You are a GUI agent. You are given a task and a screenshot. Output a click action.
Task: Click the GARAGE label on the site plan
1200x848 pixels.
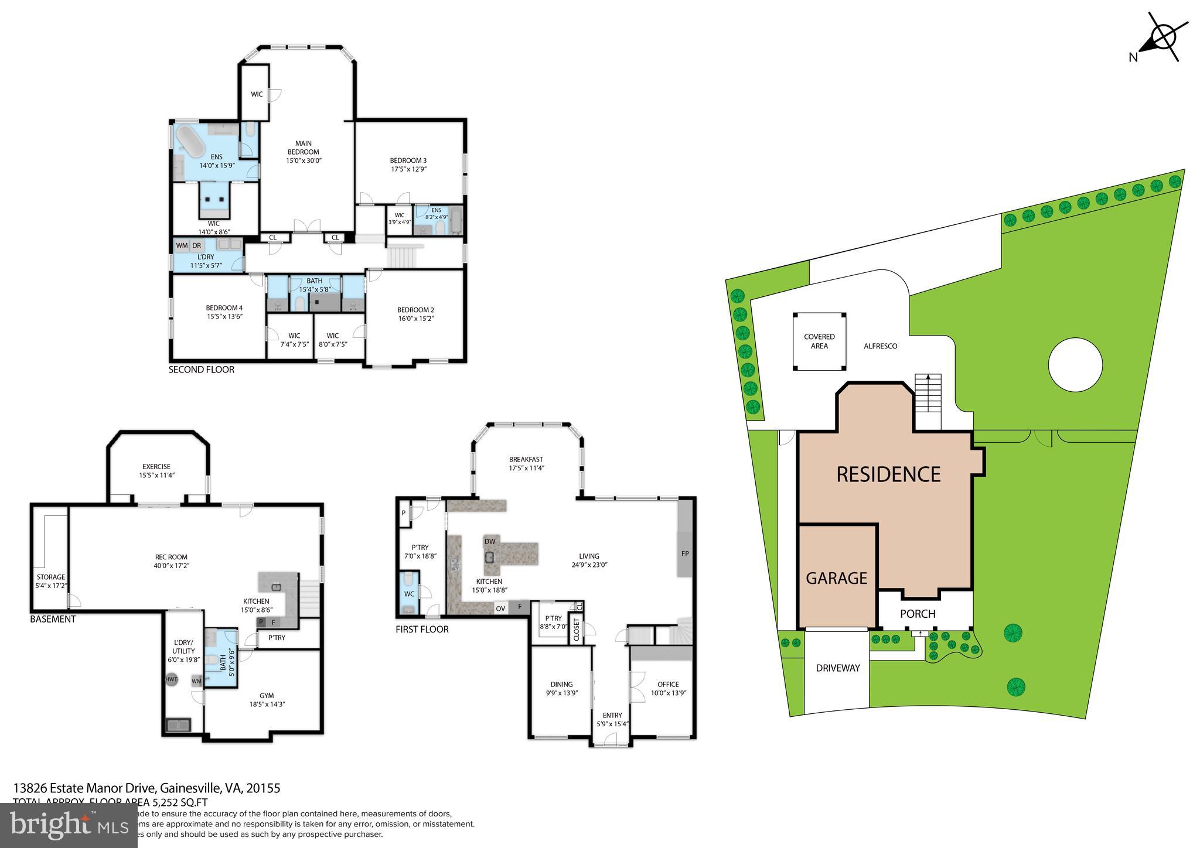(x=836, y=578)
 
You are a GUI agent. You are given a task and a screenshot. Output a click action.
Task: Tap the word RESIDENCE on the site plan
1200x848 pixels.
(x=888, y=474)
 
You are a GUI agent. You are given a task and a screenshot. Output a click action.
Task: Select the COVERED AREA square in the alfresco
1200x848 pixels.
(x=819, y=341)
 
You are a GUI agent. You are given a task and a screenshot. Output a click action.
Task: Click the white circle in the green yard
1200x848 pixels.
(x=1075, y=364)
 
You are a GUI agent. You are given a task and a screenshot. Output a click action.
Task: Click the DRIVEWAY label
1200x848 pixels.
(x=837, y=668)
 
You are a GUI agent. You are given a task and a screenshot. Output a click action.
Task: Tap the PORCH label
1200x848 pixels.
(x=918, y=613)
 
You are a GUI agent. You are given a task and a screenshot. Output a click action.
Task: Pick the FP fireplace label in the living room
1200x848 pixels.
(x=684, y=553)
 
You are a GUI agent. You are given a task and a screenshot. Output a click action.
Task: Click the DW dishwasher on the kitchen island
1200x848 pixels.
(x=490, y=541)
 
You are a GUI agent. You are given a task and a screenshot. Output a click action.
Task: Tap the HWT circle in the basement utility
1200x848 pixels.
(x=171, y=679)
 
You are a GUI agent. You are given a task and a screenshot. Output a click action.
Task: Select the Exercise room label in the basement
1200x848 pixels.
(x=156, y=471)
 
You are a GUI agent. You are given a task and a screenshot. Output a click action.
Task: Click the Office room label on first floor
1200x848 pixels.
(x=668, y=688)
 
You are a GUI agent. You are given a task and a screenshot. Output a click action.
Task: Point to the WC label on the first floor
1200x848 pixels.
(x=409, y=594)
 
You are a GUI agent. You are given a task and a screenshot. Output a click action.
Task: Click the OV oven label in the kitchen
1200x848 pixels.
(x=500, y=608)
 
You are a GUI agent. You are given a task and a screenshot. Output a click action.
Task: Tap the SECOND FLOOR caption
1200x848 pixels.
(x=201, y=370)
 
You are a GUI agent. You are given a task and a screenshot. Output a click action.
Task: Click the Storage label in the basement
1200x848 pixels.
(x=50, y=581)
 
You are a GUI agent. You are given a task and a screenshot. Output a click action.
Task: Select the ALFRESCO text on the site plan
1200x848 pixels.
(x=880, y=346)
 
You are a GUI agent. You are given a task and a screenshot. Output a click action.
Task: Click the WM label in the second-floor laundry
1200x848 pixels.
(x=182, y=245)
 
